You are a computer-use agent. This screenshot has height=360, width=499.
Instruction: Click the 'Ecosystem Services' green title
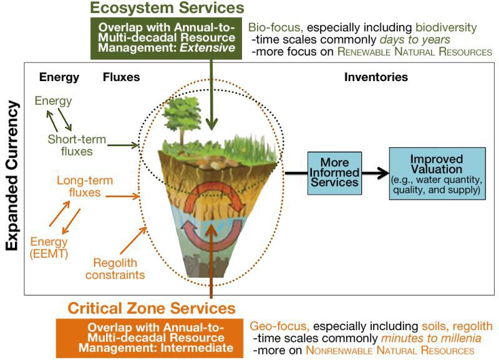pos(167,7)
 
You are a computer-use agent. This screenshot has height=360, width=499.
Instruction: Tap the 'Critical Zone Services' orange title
pos(152,308)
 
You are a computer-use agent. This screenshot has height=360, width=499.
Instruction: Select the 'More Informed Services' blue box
pos(334,173)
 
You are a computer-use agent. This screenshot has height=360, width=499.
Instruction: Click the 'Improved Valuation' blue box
pos(437,173)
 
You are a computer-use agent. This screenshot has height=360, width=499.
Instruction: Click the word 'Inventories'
pos(376,77)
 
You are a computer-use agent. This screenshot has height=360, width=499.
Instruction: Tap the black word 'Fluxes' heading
pos(121,77)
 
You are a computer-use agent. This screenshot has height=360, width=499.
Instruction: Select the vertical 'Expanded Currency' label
pos(12,176)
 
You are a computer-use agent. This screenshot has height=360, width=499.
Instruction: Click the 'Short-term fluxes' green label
pos(77,145)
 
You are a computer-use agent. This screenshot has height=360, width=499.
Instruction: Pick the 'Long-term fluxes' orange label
pos(85,186)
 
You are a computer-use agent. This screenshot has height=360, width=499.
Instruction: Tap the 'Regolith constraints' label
pos(115,269)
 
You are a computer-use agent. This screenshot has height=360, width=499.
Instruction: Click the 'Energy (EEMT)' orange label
pos(49,247)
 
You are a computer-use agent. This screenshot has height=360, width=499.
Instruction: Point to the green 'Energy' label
pos(53,101)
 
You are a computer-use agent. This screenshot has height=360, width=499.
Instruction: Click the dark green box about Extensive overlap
pos(166,38)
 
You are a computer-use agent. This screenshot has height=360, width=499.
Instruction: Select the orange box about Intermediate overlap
pos(150,338)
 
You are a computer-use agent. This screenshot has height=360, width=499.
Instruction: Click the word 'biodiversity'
pos(446,27)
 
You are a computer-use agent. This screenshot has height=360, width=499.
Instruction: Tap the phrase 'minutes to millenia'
pos(431,338)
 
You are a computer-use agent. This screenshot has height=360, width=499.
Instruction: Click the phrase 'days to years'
pos(415,40)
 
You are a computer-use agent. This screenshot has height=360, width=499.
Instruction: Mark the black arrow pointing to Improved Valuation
pos(375,173)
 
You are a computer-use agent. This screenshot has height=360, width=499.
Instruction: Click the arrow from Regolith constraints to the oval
pos(133,241)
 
